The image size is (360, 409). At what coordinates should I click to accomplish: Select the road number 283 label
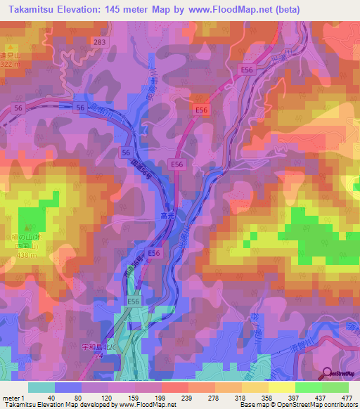tap(100, 44)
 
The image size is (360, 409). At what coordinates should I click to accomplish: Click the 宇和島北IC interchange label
tap(96, 347)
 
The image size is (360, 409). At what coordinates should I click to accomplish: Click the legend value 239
tap(188, 398)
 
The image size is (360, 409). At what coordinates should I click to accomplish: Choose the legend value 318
tap(241, 398)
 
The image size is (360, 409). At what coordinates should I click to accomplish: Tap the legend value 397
tap(295, 398)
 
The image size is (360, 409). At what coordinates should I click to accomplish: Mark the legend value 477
tap(347, 398)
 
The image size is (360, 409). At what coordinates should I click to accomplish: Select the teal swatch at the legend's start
tap(41, 387)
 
